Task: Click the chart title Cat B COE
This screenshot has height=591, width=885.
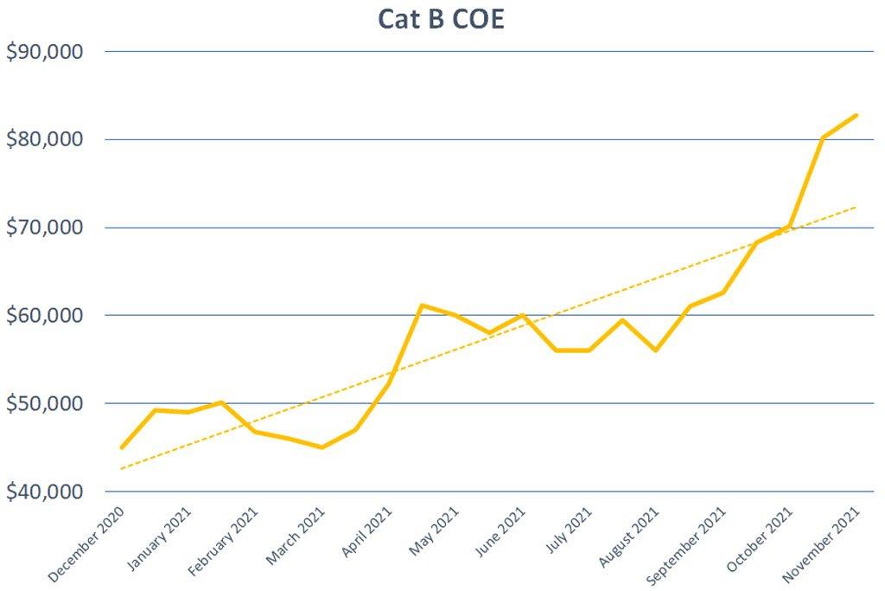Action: [441, 19]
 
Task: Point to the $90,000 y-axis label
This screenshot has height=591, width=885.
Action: [45, 52]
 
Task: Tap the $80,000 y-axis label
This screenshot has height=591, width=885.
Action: [45, 139]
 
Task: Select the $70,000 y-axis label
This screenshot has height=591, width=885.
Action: [45, 228]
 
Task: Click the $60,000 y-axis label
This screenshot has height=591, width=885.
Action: [45, 315]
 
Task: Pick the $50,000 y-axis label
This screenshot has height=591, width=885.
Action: [45, 403]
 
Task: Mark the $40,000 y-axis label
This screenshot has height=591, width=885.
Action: [45, 491]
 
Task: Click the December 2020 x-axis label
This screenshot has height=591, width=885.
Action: [86, 543]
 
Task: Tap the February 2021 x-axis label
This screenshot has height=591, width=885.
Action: [222, 543]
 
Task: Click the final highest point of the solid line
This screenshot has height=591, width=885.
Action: [856, 115]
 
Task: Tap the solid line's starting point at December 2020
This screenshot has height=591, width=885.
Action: [122, 447]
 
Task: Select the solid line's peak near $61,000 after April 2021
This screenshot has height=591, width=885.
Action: [420, 305]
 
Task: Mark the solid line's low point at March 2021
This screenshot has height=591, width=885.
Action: [322, 447]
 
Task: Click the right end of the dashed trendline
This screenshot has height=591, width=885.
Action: [856, 207]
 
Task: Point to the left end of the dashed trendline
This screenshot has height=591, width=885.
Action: [122, 469]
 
